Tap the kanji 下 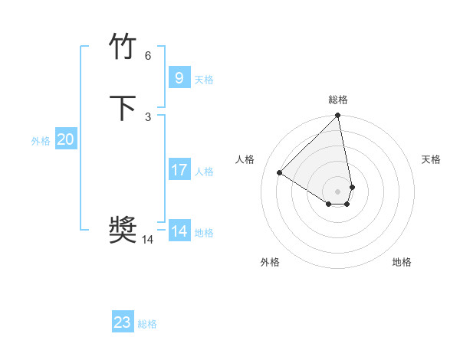coord(123,108)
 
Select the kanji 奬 coord(123,231)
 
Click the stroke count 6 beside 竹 coord(147,56)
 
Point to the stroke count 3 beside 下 coord(147,116)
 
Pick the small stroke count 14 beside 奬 coord(147,240)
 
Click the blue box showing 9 coord(179,77)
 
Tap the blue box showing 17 coord(179,170)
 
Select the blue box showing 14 coord(179,231)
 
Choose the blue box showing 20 coord(65,139)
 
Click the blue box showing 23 coord(123,322)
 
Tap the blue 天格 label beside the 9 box coord(204,80)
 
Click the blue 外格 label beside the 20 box coord(41,141)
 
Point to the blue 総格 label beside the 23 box coord(147,325)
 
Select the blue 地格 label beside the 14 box coord(204,233)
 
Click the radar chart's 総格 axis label coord(338,100)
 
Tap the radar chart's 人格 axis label coord(245,159)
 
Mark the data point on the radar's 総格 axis coord(338,116)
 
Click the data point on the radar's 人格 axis coord(280,173)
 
